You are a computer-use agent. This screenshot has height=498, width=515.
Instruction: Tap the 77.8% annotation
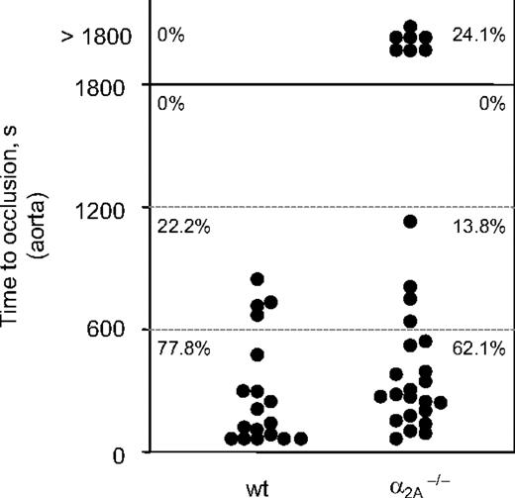coord(179,349)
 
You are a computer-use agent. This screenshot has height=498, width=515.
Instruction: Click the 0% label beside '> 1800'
coord(171,37)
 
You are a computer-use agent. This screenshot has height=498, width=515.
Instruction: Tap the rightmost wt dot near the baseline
coord(301,439)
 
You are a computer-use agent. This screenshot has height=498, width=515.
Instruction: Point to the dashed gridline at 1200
coord(327,207)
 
